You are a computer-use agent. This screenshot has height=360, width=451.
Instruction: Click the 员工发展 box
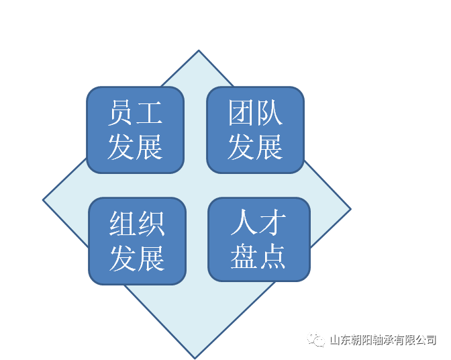[135, 130]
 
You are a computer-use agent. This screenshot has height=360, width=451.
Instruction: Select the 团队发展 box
[256, 130]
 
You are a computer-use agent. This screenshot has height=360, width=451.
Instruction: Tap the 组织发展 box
[137, 241]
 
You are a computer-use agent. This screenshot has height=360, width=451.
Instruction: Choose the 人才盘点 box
[259, 239]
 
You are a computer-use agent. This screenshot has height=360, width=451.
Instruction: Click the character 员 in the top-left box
[121, 113]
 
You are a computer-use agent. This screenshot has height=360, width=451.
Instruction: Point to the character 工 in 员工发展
[149, 113]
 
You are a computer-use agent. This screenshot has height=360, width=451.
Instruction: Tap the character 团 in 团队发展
[241, 113]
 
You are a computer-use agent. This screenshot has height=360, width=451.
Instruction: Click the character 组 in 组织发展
[123, 224]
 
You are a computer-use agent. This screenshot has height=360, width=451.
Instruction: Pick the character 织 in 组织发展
[151, 224]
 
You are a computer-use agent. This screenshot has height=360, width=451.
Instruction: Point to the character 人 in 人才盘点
[244, 222]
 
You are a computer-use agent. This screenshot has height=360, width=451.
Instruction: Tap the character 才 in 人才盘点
[272, 222]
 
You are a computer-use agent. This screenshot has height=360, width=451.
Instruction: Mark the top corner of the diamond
[199, 50]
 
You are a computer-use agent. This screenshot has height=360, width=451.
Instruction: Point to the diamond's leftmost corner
[43, 199]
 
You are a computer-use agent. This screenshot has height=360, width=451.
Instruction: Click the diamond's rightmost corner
[351, 209]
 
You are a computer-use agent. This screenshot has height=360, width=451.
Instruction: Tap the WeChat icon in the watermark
[316, 340]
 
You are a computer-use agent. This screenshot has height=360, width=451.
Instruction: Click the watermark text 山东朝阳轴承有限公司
[383, 340]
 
